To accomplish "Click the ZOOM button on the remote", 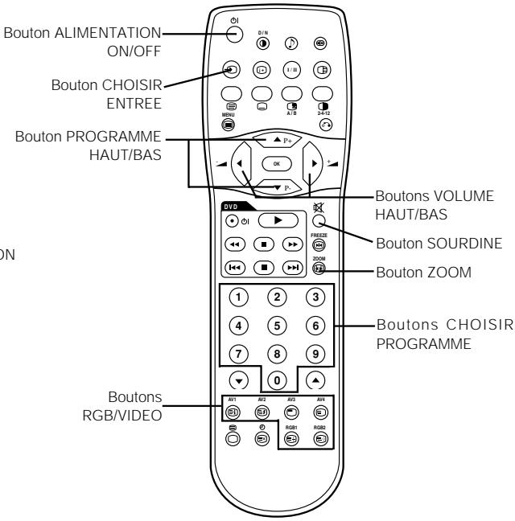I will point(319,272).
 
